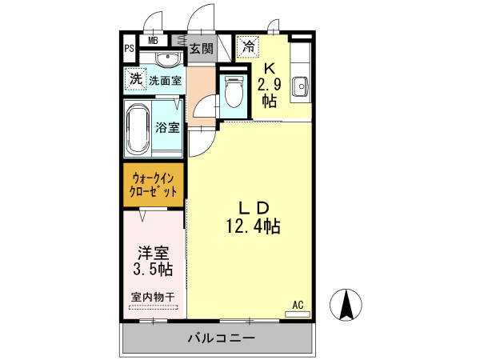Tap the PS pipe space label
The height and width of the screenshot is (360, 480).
[x=128, y=48]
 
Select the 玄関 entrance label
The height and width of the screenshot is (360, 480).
[x=201, y=49]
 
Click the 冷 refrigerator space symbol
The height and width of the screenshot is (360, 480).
[x=249, y=46]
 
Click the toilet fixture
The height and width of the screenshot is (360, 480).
[x=234, y=92]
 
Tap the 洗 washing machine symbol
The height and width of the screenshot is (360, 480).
[x=135, y=78]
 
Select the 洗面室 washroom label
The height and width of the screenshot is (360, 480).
[x=165, y=80]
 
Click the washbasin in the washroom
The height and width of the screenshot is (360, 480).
[x=167, y=59]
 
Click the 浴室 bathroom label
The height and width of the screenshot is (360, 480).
[x=167, y=127]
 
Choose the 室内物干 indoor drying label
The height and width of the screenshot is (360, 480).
[x=153, y=298]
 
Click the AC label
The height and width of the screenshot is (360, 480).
[x=297, y=305]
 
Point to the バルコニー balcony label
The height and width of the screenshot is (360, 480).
[x=221, y=338]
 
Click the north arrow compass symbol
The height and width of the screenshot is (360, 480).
[x=348, y=306]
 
